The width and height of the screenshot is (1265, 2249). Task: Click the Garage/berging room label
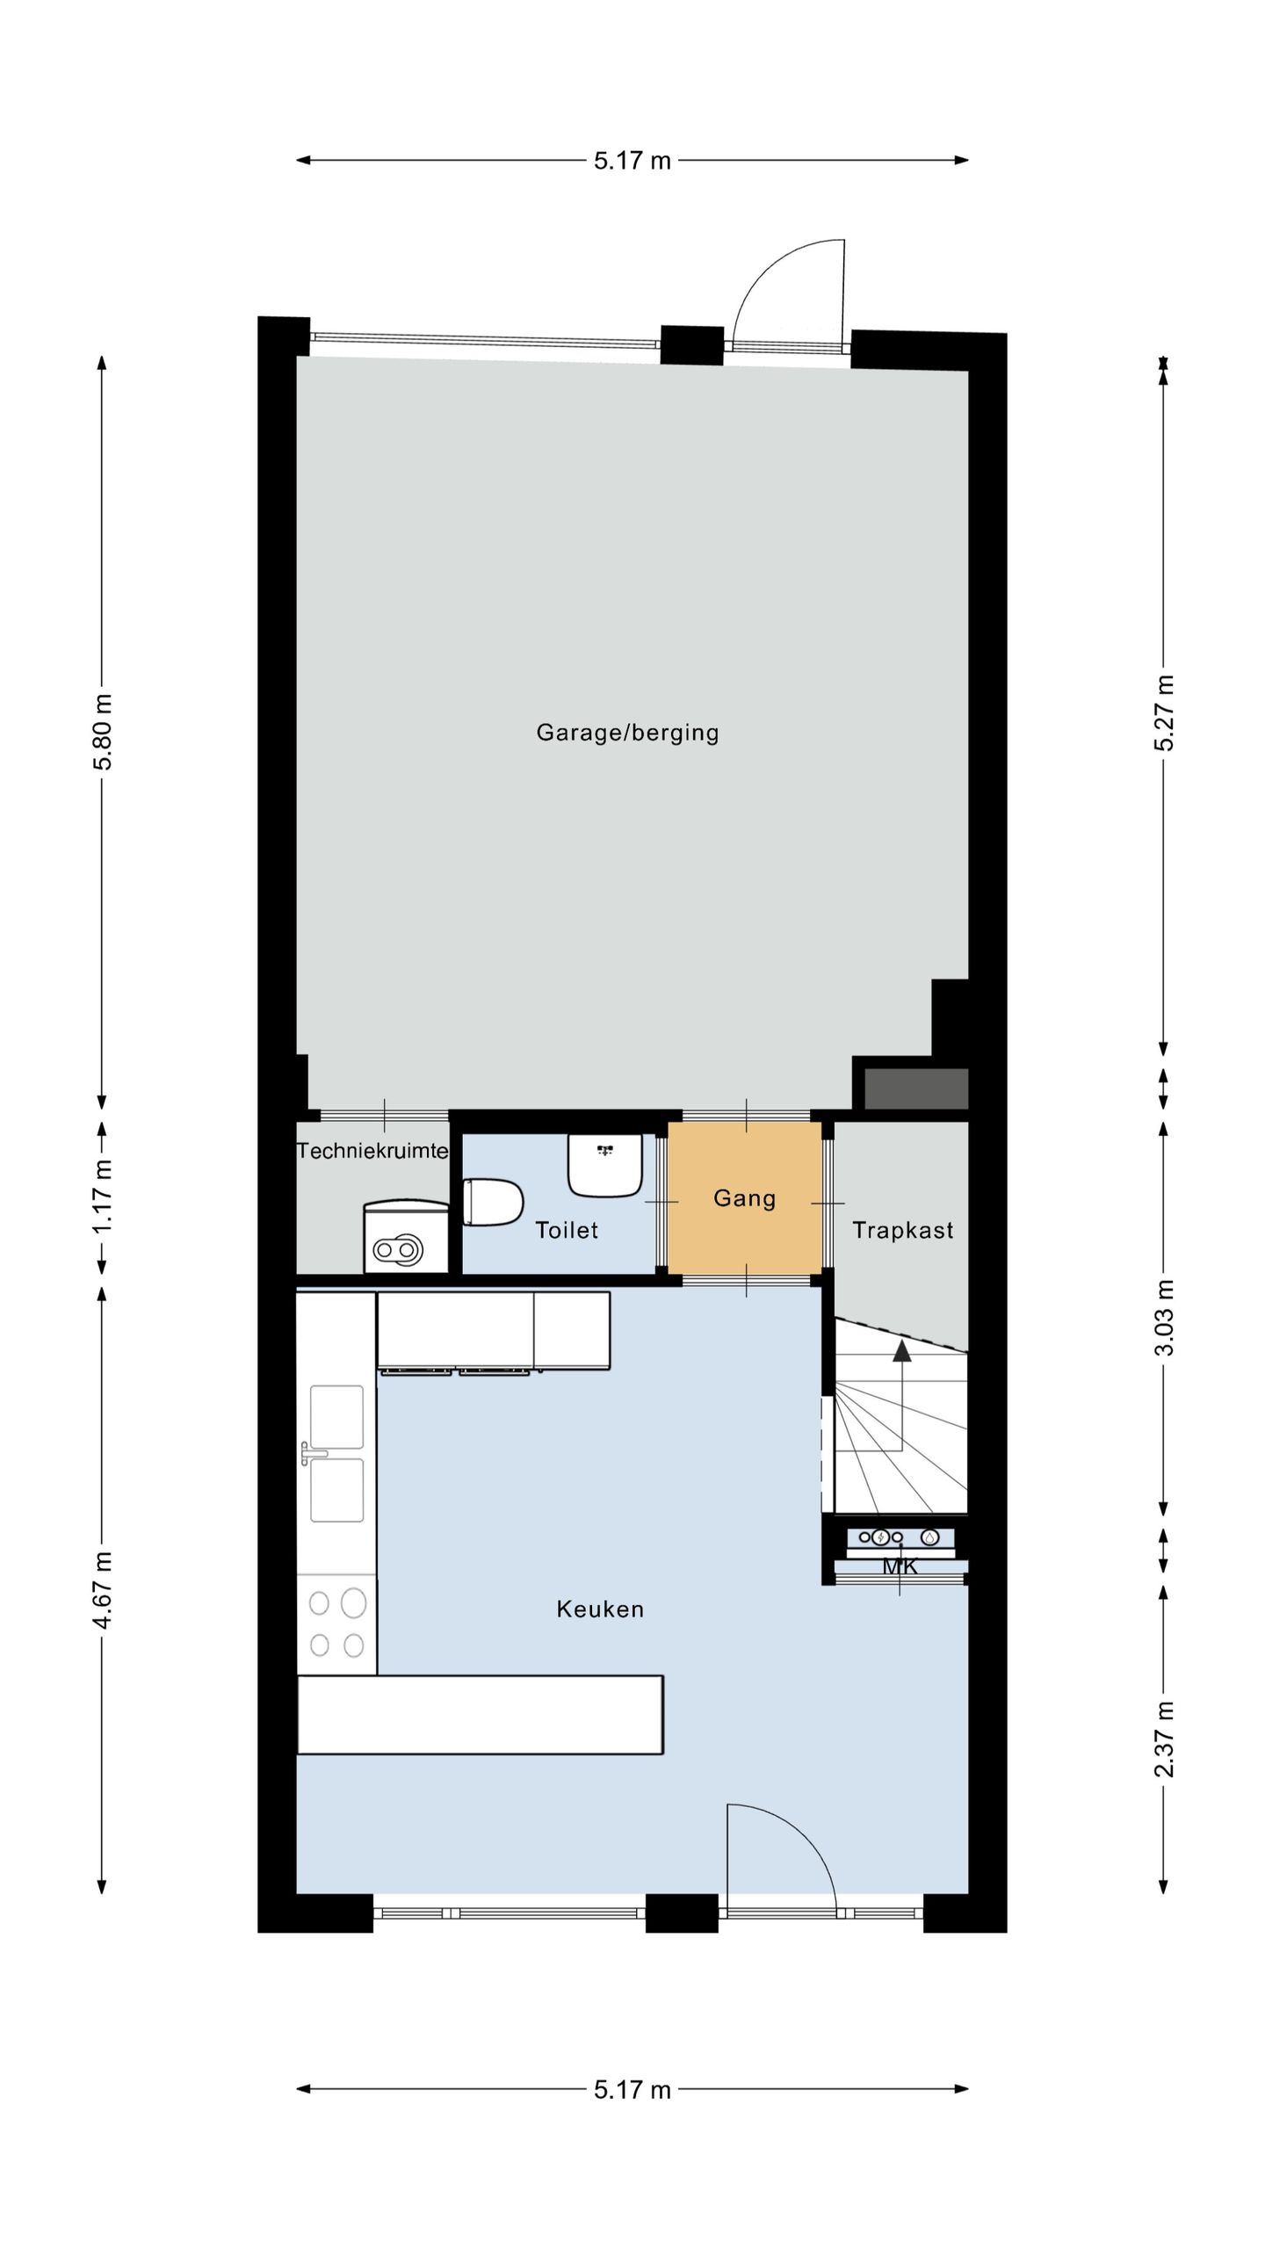(627, 733)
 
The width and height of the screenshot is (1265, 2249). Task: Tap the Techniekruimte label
(372, 1151)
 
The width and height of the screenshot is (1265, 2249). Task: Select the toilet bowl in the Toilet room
(493, 1203)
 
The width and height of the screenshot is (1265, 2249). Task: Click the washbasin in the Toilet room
(604, 1165)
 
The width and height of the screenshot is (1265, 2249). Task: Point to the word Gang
(744, 1198)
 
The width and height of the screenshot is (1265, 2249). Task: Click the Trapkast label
(902, 1230)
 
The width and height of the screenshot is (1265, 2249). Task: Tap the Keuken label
(600, 1609)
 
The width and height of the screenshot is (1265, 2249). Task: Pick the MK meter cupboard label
(900, 1566)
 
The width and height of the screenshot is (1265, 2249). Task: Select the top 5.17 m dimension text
(632, 161)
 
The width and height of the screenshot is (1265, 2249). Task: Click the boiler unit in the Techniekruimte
(406, 1237)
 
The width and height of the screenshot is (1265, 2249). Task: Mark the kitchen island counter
(480, 1715)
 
